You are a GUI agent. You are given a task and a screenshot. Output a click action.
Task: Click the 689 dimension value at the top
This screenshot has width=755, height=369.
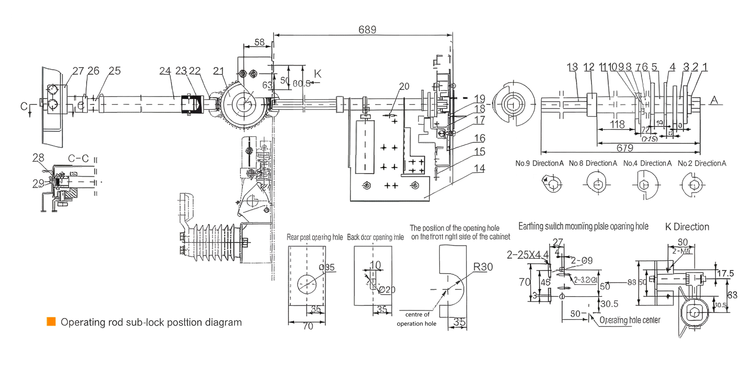[x=367, y=30]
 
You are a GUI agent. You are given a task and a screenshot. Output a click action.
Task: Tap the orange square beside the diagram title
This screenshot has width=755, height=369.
[x=51, y=322]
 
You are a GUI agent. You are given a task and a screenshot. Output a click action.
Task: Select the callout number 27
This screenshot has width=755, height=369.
[x=78, y=71]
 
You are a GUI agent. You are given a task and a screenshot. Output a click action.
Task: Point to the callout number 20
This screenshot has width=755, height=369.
[x=404, y=86]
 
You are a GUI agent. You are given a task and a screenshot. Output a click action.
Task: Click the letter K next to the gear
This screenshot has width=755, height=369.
[x=317, y=74]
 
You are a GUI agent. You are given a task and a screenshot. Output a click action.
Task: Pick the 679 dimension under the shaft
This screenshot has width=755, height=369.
[x=625, y=148]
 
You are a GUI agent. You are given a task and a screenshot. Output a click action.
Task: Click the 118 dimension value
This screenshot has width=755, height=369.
[x=617, y=124]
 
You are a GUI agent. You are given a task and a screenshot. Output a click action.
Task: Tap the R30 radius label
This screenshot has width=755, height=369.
[x=483, y=267]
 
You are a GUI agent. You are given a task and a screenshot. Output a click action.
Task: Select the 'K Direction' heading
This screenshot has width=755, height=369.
[x=687, y=227]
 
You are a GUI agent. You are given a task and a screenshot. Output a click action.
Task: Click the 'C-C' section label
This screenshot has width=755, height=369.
[x=78, y=158]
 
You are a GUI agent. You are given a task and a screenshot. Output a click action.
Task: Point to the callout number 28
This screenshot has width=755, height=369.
[x=38, y=158]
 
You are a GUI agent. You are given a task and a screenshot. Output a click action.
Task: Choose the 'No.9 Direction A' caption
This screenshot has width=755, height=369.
[x=539, y=163]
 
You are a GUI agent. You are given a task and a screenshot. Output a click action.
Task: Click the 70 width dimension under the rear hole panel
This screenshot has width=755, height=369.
[x=308, y=326]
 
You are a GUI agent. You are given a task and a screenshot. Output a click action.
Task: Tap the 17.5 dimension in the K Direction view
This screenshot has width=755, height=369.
[x=725, y=273]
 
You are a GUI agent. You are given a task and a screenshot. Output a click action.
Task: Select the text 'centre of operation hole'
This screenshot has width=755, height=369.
[x=416, y=319]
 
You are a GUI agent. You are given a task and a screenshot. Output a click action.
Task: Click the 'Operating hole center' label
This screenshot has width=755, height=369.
[x=630, y=320]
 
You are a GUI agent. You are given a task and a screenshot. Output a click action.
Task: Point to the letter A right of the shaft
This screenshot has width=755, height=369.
[x=714, y=100]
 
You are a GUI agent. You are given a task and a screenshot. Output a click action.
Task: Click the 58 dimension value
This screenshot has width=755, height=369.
[x=259, y=42]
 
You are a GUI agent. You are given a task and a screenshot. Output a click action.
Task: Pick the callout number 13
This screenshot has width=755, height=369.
[x=572, y=67]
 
